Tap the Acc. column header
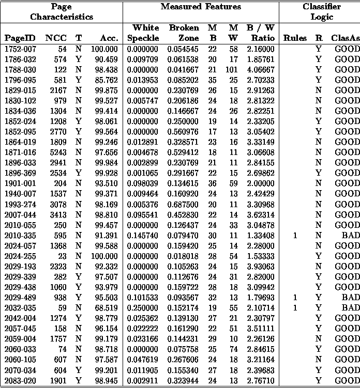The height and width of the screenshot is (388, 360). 109,38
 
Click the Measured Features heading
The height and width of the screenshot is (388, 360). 201,7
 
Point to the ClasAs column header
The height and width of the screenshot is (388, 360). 345,38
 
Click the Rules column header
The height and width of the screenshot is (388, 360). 295,38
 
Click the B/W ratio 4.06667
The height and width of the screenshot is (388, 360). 261,69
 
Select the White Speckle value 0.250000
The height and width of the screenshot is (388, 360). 143,308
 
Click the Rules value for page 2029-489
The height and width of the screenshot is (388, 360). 295,298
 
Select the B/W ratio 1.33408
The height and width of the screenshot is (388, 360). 261,236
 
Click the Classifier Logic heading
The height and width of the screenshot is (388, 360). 321,11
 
